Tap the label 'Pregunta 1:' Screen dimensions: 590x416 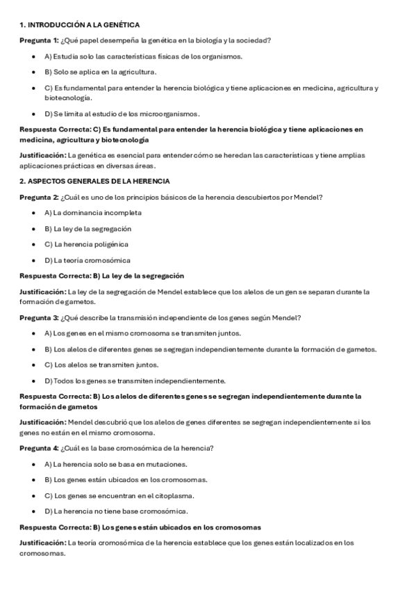[x=39, y=40]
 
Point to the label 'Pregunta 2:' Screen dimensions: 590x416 [x=39, y=197]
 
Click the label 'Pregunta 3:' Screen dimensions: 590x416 [x=39, y=318]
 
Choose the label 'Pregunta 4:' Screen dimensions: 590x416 [x=39, y=447]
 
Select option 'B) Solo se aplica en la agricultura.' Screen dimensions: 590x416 [x=100, y=72]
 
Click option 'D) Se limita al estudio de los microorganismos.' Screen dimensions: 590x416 [x=122, y=113]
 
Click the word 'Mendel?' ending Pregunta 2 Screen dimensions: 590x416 [x=309, y=197]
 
